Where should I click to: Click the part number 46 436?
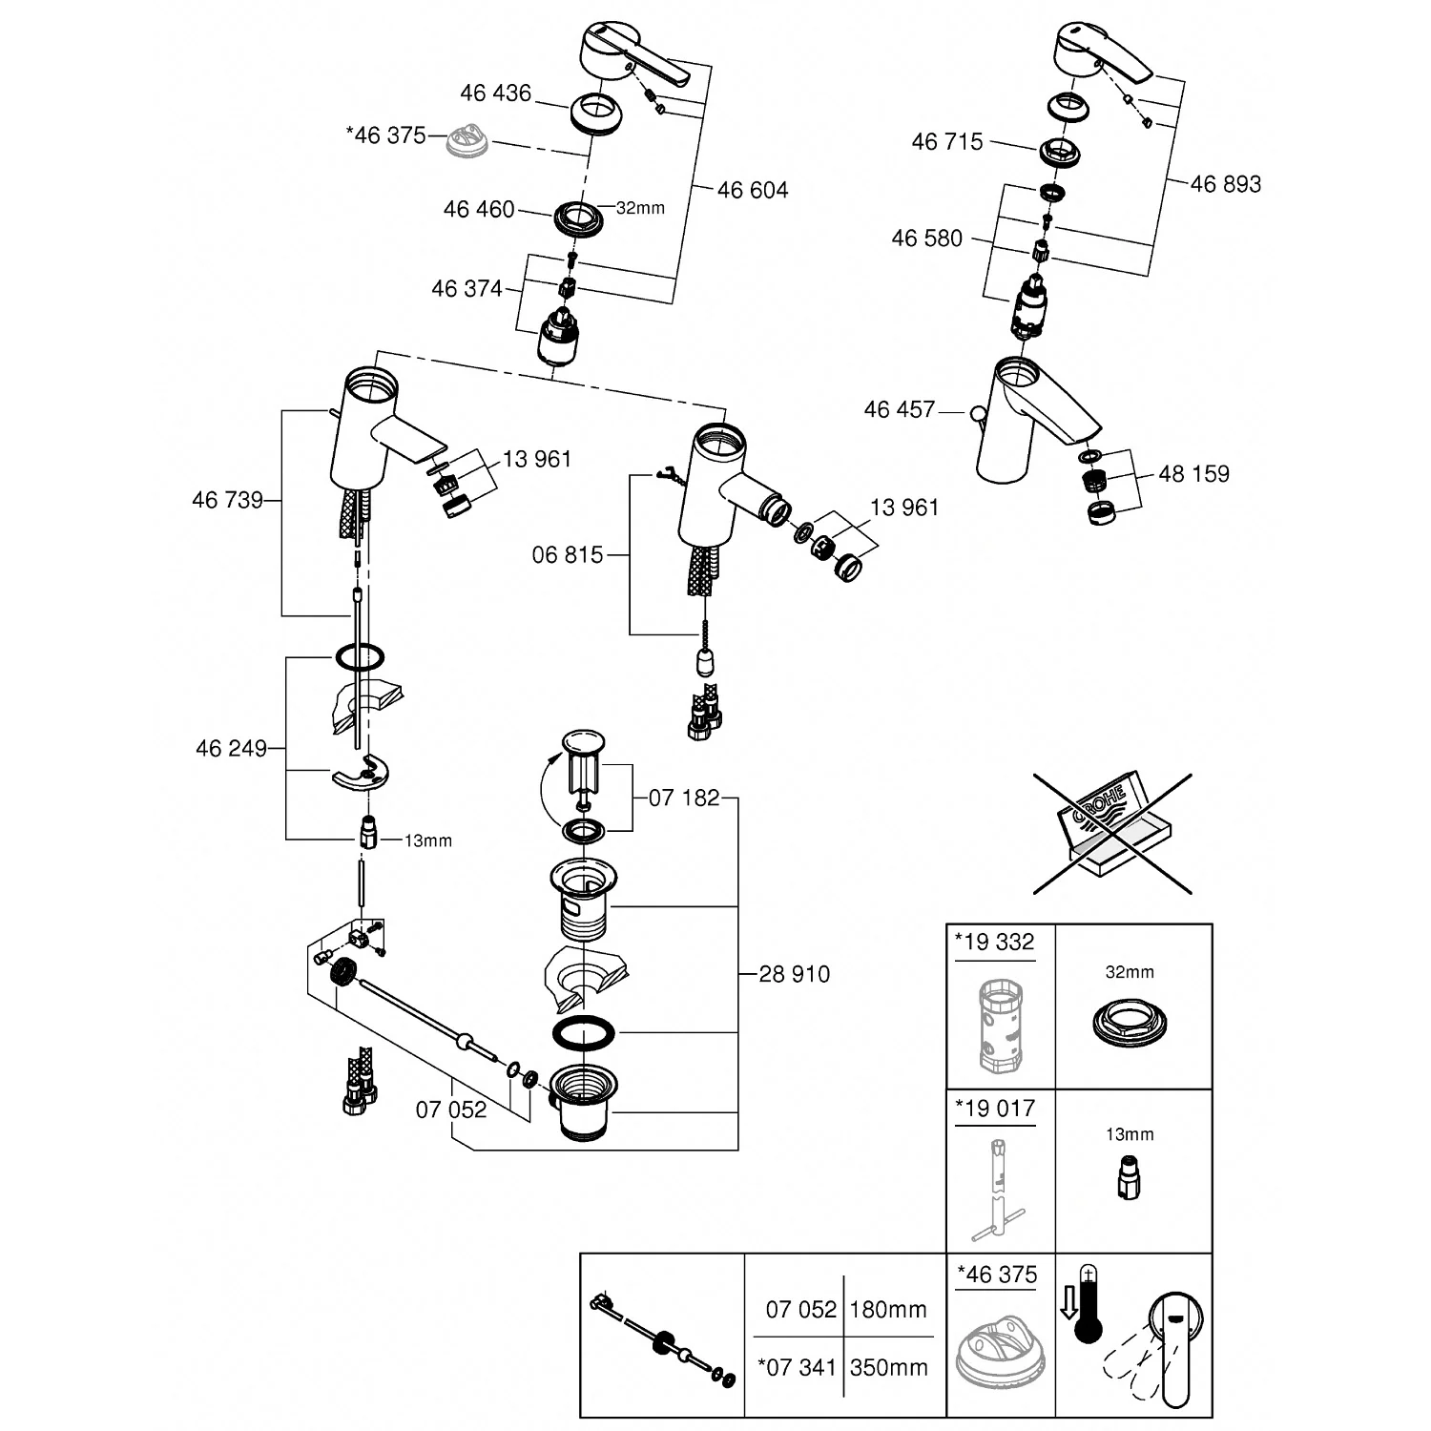(495, 93)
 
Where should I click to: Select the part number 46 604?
(753, 190)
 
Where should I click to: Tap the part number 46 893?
(1225, 183)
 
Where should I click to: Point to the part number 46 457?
(899, 409)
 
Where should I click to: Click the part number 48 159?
(1193, 473)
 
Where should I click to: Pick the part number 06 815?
(568, 554)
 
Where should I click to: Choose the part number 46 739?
(227, 500)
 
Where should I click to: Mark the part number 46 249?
(231, 748)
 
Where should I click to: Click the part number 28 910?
(795, 974)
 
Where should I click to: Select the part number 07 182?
(684, 798)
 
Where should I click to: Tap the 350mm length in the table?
(888, 1368)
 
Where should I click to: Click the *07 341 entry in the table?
(798, 1368)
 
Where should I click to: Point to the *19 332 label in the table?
(993, 943)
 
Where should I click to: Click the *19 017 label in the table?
(993, 1109)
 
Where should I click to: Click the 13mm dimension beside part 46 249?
(427, 841)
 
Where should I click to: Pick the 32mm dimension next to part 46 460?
(640, 208)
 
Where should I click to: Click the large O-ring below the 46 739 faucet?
(359, 657)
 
